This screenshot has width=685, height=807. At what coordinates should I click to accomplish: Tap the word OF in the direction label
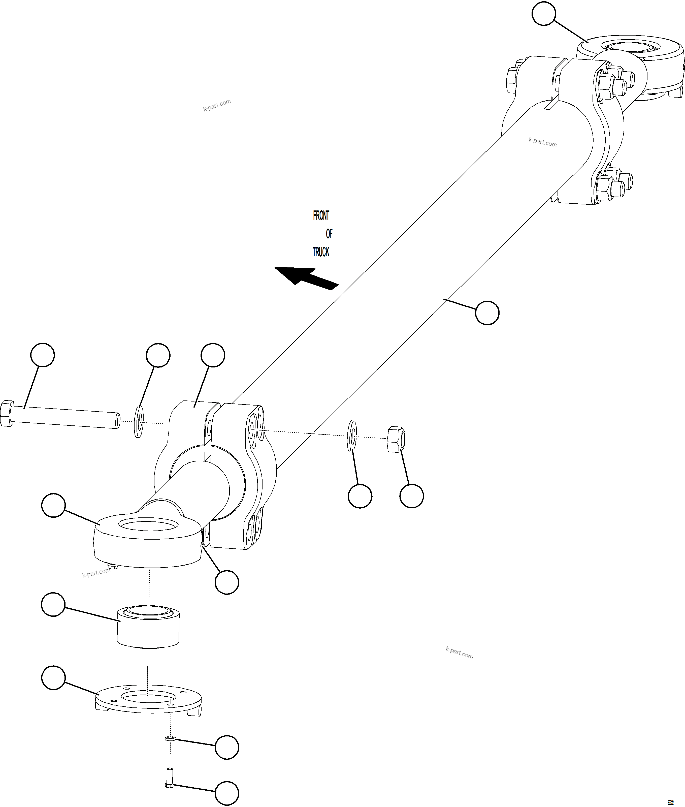(329, 234)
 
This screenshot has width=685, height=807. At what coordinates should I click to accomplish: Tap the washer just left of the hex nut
(352, 436)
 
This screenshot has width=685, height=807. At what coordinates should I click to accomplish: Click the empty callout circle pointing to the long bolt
(42, 355)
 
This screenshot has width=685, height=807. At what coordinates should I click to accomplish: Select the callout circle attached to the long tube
(487, 313)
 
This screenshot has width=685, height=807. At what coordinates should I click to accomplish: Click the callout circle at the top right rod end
(544, 14)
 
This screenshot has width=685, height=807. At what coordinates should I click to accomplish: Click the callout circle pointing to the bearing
(53, 604)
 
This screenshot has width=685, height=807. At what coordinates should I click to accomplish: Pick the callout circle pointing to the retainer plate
(53, 678)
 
